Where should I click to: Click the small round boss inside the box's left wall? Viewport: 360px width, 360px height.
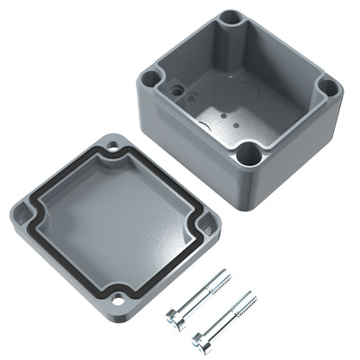tap(179, 90)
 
